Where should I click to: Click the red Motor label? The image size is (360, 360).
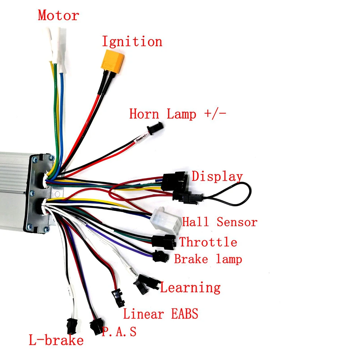pyautogui.click(x=58, y=16)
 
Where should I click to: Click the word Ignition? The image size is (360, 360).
pyautogui.click(x=132, y=42)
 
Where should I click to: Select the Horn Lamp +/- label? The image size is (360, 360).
pyautogui.click(x=178, y=114)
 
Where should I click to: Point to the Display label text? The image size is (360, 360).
pyautogui.click(x=217, y=177)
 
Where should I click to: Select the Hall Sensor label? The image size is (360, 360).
pyautogui.click(x=220, y=222)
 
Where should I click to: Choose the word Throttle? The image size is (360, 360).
pyautogui.click(x=208, y=242)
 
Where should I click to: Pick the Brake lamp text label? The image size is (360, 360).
pyautogui.click(x=208, y=259)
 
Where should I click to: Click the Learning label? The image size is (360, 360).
pyautogui.click(x=190, y=288)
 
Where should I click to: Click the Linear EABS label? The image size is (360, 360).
pyautogui.click(x=160, y=314)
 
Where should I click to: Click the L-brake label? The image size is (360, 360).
pyautogui.click(x=56, y=340)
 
